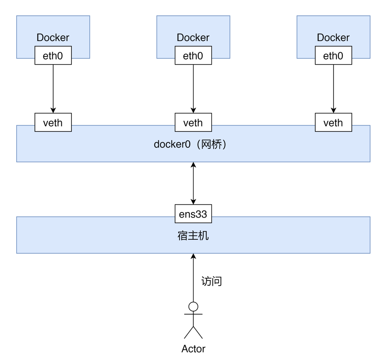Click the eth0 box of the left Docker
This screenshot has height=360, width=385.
[x=53, y=56]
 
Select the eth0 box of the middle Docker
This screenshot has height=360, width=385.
[x=193, y=56]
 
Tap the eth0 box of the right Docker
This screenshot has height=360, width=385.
[x=333, y=56]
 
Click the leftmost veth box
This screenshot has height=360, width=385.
[x=53, y=123]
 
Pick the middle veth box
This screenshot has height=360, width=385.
[x=193, y=123]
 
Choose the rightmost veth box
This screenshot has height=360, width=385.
[x=333, y=123]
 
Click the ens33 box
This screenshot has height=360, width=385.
[x=193, y=214]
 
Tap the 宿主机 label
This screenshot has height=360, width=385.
[x=193, y=236]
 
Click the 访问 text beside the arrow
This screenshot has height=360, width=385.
[x=211, y=281]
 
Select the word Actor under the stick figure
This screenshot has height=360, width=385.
[x=193, y=349]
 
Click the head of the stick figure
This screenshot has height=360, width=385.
[x=193, y=306]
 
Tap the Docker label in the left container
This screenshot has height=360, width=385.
[x=53, y=37]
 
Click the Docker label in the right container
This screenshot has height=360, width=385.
[x=333, y=37]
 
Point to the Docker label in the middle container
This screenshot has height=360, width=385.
[x=193, y=37]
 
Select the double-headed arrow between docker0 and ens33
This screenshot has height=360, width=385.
[x=193, y=183]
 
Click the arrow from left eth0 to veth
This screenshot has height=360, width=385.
[x=53, y=89]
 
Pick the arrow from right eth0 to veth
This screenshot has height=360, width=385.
[x=333, y=89]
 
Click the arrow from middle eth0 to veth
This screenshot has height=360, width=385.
[x=193, y=89]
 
